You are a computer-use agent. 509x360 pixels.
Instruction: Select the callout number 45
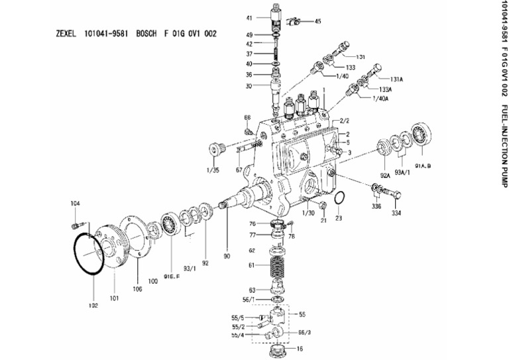tap(317, 21)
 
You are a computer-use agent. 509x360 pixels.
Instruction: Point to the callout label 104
tap(75, 205)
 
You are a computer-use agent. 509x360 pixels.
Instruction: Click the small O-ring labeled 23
tap(339, 199)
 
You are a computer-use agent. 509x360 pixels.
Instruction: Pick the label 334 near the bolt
tap(396, 214)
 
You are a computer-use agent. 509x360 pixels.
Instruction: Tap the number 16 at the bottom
tap(300, 347)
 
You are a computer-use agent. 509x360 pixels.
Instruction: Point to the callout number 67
tap(239, 170)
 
